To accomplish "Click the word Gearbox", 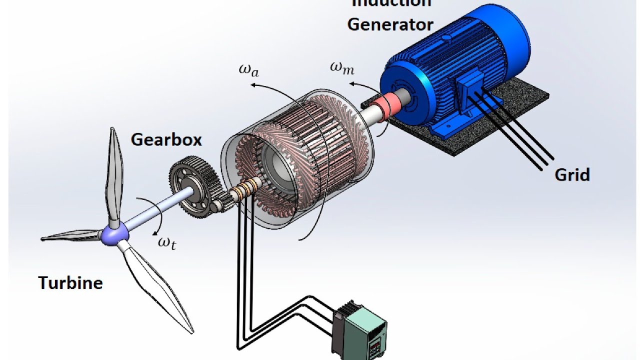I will pyautogui.click(x=166, y=139).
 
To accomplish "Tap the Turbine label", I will pyautogui.click(x=70, y=283).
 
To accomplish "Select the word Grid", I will pyautogui.click(x=572, y=174).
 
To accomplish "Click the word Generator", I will pyautogui.click(x=390, y=24).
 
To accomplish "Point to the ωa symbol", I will pyautogui.click(x=249, y=70).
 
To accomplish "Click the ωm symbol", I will pyautogui.click(x=342, y=68).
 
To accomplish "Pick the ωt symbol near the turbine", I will pyautogui.click(x=166, y=243).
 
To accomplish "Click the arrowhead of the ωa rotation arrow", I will pyautogui.click(x=253, y=85).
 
